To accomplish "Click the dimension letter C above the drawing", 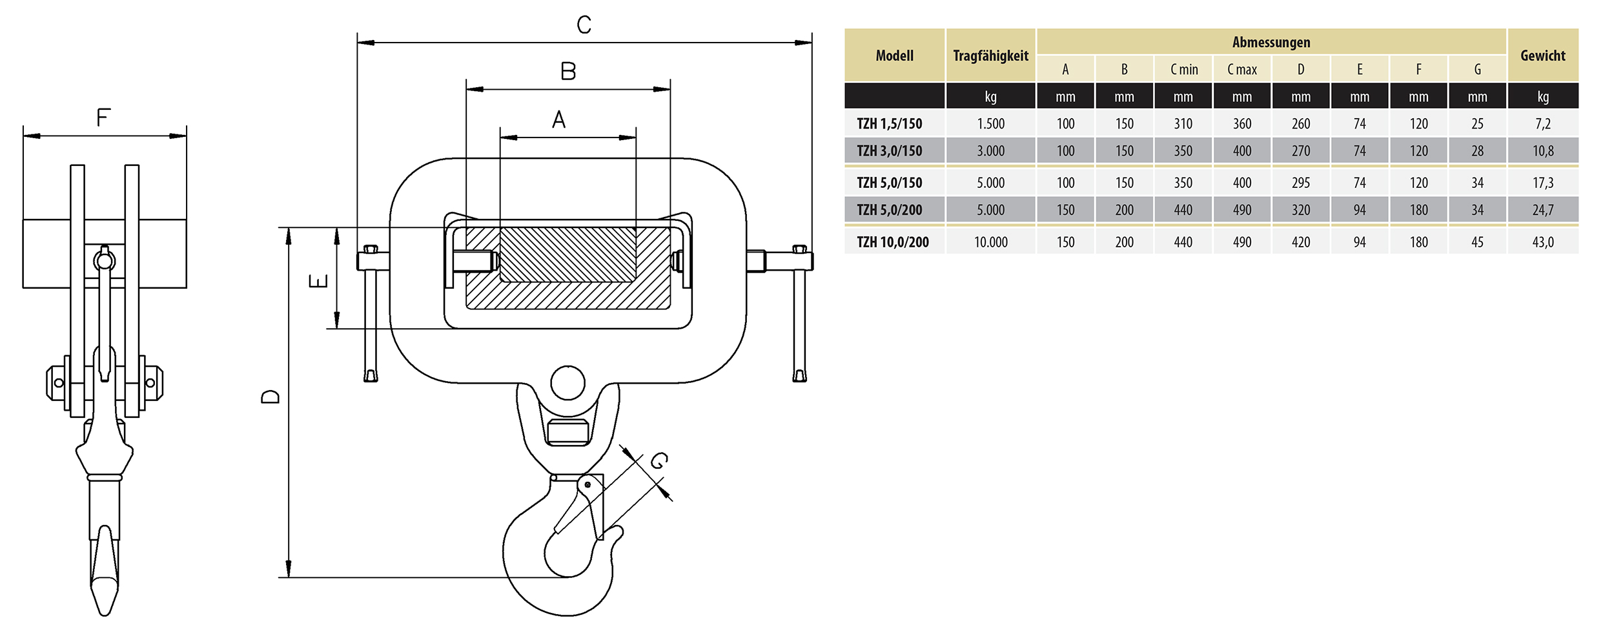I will point(584,25).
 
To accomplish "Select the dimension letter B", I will point(568,71).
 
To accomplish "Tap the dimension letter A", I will point(559,119).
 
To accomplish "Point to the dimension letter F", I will point(103,118).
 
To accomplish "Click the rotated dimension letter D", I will point(271,397).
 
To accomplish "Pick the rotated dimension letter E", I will point(318,281).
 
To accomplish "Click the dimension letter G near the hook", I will point(659,461).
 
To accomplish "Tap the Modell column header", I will point(894,56).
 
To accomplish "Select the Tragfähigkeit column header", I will point(990,56).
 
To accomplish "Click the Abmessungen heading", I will point(1271,42).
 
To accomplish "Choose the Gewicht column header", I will point(1542,56).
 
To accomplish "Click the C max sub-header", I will point(1241,69).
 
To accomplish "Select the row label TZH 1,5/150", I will point(889,123).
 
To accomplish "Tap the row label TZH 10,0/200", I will point(892,242).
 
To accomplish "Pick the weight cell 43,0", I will point(1542,242).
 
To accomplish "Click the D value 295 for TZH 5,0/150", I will point(1300,183).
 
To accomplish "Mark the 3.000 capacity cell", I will point(990,150).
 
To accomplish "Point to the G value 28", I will point(1477,150).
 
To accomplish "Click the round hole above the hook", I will point(567,383).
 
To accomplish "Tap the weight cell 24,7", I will point(1542,210).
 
